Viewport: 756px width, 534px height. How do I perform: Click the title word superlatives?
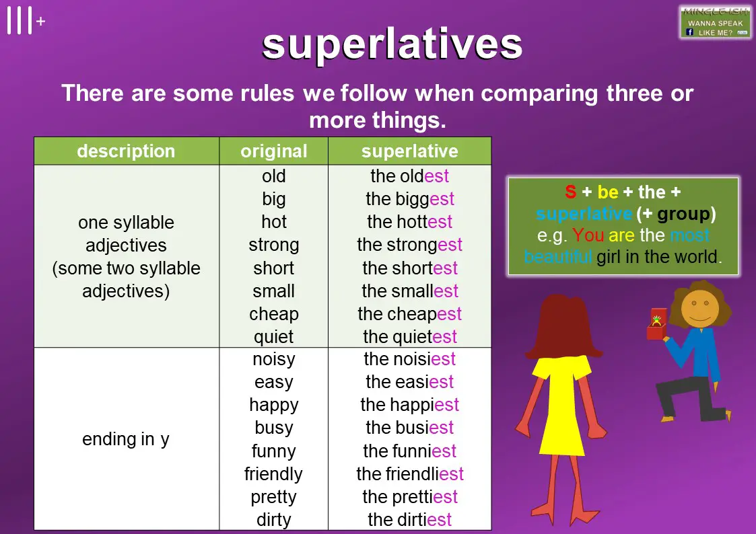392,45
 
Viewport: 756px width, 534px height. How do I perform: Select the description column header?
127,151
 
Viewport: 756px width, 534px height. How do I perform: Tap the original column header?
274,151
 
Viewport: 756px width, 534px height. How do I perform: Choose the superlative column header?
410,151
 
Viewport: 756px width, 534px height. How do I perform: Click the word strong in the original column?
274,245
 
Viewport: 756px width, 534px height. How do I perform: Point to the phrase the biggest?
410,199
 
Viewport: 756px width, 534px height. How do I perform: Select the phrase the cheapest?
410,315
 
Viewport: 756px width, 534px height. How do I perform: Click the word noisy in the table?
274,360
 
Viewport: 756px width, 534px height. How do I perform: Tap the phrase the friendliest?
410,474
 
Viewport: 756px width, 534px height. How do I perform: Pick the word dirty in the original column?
274,520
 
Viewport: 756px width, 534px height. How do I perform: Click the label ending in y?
126,439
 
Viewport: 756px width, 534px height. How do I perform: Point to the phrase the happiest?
410,405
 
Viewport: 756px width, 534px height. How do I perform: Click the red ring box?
656,324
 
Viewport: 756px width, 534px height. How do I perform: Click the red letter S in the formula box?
571,192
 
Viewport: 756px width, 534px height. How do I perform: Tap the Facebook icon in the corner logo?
690,32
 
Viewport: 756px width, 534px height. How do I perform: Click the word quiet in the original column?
274,337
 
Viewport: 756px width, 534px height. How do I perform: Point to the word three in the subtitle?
634,93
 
